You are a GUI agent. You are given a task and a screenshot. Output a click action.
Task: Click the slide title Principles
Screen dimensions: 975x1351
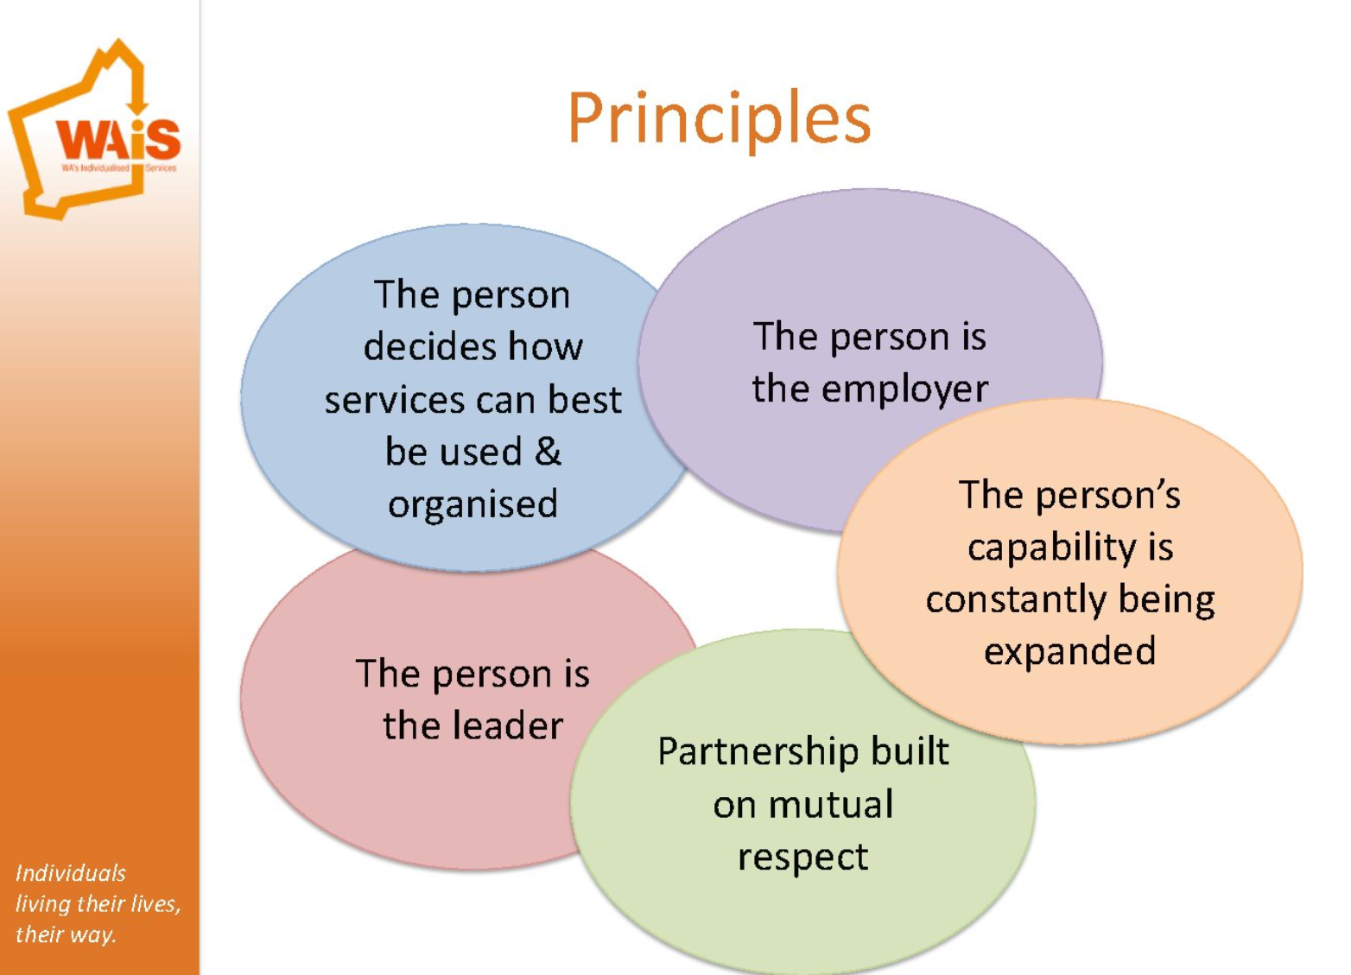click(x=719, y=118)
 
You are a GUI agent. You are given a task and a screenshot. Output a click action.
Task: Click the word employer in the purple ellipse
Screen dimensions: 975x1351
click(x=904, y=389)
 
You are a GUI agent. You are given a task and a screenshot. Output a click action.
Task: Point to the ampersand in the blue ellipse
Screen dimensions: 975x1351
click(x=548, y=451)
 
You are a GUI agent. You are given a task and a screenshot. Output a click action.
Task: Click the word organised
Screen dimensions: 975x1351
click(x=473, y=504)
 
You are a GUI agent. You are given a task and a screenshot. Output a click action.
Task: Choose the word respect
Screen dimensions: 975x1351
click(x=802, y=857)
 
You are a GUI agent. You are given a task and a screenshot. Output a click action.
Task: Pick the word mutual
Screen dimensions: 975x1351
click(x=830, y=805)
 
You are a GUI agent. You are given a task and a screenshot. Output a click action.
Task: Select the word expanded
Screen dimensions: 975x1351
click(x=1069, y=651)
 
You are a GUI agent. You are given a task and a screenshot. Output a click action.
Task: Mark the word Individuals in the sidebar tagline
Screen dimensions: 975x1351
click(x=71, y=873)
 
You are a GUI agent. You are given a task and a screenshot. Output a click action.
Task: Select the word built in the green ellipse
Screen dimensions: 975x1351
click(x=909, y=751)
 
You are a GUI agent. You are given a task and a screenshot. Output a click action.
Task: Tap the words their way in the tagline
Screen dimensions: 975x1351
click(x=66, y=934)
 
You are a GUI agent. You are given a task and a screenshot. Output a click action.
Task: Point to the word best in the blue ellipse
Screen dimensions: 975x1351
click(x=585, y=400)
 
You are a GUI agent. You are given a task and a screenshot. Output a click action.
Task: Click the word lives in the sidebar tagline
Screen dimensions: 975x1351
click(x=155, y=904)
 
